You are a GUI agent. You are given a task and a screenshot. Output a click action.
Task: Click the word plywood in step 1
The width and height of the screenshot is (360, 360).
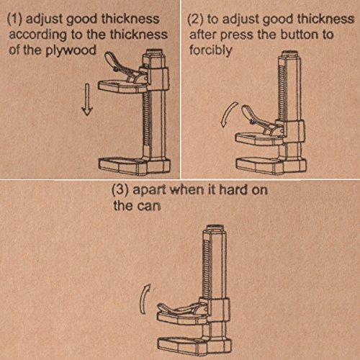[x=71, y=51]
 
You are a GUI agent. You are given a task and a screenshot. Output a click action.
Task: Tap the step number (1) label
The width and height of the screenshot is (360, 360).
[x=15, y=19]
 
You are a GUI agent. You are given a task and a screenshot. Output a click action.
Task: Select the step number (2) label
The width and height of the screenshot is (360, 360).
[x=195, y=19]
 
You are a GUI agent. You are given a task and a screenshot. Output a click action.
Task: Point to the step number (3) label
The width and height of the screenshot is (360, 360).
[x=120, y=190]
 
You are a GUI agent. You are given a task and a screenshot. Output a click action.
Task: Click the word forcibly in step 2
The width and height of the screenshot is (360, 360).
[x=210, y=50]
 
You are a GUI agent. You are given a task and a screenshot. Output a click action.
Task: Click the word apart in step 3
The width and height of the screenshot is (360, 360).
[x=149, y=190]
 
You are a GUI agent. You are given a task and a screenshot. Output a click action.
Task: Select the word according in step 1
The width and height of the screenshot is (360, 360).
[x=38, y=35]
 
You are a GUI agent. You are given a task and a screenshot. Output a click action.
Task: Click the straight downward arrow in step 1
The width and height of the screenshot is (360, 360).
[x=87, y=99]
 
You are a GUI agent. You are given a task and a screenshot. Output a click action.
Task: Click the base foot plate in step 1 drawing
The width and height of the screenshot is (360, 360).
[x=135, y=166]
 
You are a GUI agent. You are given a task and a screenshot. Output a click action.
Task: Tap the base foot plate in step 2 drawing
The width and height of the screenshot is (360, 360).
[x=271, y=165]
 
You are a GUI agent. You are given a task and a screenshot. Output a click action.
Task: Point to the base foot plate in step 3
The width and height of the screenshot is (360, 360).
[x=194, y=346]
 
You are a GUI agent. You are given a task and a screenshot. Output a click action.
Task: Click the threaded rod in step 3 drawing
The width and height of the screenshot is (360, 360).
[x=207, y=268]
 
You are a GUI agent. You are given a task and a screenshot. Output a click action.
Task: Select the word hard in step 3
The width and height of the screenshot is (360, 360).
[x=233, y=189]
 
